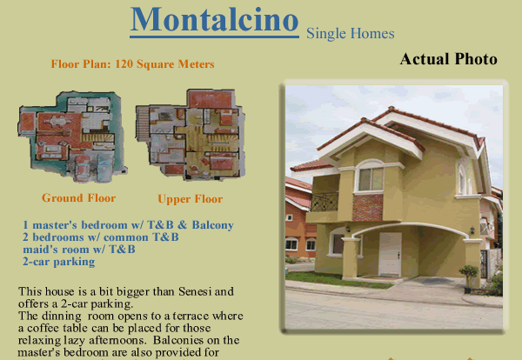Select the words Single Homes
point(351,33)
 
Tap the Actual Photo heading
point(448,59)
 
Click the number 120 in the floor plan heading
point(124,63)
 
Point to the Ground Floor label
point(78,198)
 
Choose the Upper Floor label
point(190,199)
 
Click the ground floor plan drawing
point(72,136)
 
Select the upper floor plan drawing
point(191,134)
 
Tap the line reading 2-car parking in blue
point(59,262)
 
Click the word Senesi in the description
point(195,291)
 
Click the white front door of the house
point(390,254)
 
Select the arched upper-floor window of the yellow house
point(371,177)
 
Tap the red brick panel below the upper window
point(367,208)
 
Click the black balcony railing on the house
point(325,202)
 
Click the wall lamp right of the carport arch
point(472,230)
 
